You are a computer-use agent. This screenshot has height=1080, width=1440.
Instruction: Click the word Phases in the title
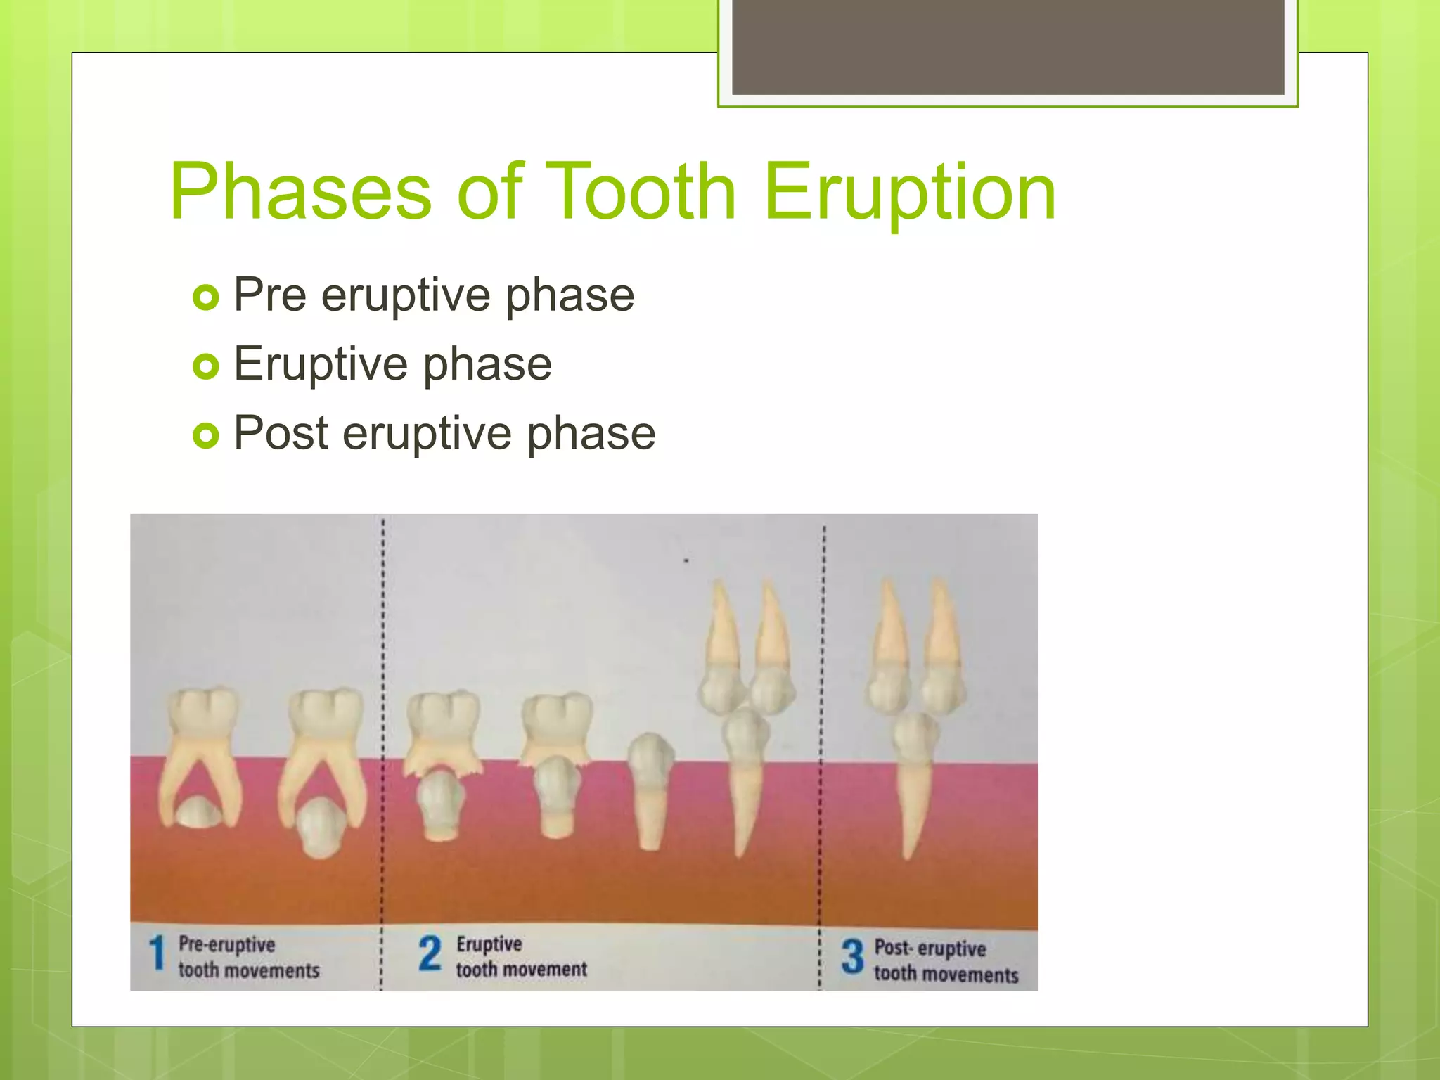301,191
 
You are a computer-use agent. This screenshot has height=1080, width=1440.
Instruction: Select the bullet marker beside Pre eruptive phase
205,298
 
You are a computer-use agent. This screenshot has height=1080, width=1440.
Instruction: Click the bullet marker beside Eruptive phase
205,366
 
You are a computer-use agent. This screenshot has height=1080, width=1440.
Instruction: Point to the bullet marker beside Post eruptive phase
205,435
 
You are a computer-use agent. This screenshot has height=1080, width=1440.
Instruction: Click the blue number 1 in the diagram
157,954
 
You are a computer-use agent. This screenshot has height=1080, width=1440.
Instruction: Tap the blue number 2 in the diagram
430,953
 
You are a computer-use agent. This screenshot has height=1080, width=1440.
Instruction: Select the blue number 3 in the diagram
852,957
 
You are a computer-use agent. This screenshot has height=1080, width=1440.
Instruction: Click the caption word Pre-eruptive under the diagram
226,944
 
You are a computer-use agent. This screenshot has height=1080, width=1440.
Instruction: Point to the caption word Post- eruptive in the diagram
930,948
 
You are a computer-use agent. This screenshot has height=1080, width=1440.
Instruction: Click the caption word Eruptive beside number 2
489,944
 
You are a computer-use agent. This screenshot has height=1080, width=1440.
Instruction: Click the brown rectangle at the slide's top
1008,46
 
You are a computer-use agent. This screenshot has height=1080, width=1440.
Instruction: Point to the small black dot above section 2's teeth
686,560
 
